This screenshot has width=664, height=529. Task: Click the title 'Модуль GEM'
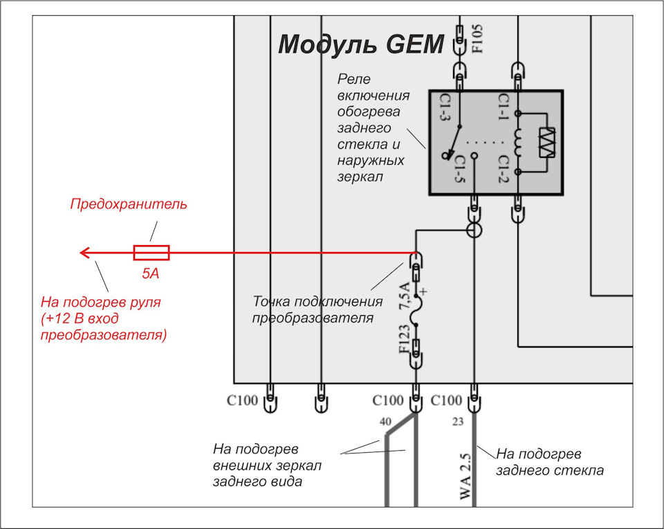point(361,44)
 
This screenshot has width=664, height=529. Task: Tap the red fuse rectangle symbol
point(151,253)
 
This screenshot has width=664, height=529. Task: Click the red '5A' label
point(150,274)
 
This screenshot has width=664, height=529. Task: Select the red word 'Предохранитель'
point(129,204)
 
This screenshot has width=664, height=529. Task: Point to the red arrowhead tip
point(80,253)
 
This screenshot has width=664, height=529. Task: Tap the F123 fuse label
point(405,339)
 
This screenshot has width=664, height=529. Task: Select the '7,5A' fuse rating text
point(405,296)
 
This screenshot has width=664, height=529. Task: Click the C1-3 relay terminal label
point(445,107)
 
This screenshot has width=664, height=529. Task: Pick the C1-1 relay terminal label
point(503,107)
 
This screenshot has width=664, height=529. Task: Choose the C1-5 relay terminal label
point(460,169)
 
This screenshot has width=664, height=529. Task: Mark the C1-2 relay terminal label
point(503,169)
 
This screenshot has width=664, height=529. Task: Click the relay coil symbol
point(518,143)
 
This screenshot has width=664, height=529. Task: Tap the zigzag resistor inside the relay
point(546,143)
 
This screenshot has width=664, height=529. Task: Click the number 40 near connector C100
point(385,422)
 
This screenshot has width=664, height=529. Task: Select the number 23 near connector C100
point(458,422)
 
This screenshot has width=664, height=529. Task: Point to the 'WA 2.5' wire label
point(465,476)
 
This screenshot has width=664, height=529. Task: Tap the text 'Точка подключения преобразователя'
point(317,310)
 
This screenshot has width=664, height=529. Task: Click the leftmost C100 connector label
point(242,400)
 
